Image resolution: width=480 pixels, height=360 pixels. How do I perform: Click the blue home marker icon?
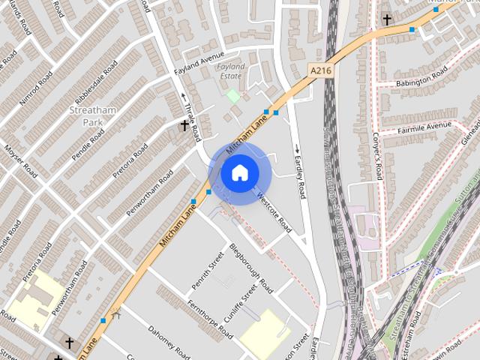[x=239, y=172]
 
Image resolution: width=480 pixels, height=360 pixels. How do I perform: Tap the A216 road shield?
[x=320, y=70]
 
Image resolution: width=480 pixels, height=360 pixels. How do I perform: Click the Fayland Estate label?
[x=230, y=71]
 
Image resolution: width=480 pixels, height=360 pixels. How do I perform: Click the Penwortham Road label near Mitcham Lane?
[x=149, y=193]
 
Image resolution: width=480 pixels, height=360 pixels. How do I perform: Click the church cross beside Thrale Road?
[x=184, y=125]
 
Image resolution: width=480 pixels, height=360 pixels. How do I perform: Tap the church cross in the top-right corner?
[x=387, y=19]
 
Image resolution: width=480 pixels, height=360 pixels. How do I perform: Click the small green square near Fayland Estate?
[x=233, y=95]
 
